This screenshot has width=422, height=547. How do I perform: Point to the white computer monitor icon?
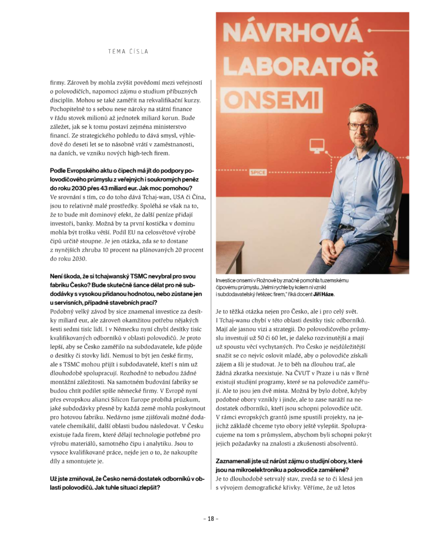click(317, 144)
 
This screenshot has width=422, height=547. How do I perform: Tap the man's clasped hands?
click(341, 236)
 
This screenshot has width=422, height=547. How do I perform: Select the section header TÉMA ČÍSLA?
click(128, 51)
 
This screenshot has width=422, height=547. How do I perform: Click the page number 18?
click(211, 519)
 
